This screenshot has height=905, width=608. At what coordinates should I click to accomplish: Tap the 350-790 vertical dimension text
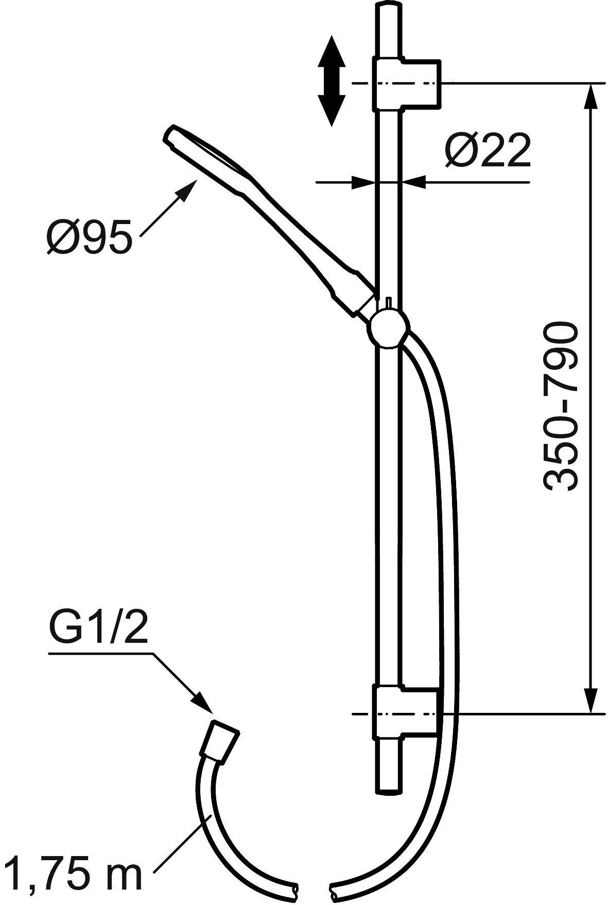pos(560,407)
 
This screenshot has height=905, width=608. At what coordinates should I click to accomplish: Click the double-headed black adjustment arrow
pos(330,81)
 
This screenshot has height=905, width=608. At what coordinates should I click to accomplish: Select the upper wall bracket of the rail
pos(406,84)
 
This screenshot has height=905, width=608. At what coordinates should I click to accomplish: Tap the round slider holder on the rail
pos(389,328)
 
